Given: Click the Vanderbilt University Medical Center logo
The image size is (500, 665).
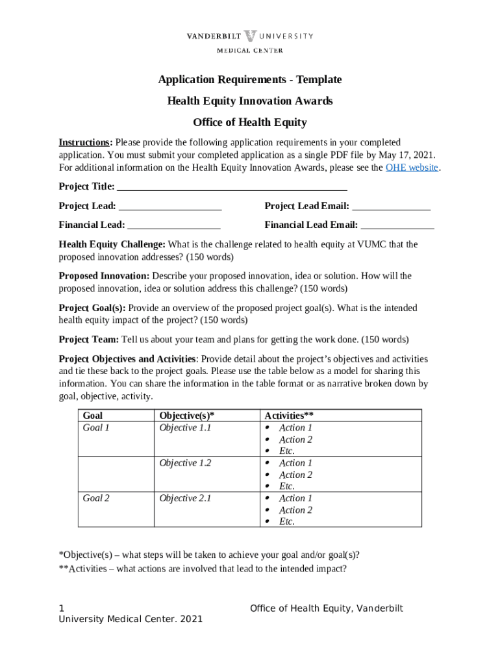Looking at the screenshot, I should click(250, 42).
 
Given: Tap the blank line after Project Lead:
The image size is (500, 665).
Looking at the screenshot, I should click(171, 207).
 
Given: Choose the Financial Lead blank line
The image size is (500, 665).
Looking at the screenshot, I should click(174, 226).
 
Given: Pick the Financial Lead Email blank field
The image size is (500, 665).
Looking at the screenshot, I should click(397, 226).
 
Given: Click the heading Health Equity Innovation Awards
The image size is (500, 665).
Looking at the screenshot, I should click(250, 101).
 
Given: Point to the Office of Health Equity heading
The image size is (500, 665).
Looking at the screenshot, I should click(250, 123).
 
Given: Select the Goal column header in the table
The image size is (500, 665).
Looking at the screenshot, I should click(92, 416).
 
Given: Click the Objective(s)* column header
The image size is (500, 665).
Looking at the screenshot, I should click(186, 416).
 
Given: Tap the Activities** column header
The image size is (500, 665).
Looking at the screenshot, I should click(289, 416).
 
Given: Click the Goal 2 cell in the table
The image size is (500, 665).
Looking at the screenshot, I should click(96, 498).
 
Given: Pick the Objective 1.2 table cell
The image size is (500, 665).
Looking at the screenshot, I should click(185, 463).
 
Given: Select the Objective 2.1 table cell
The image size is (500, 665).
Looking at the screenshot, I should click(185, 498).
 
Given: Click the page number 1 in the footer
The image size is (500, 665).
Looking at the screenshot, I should click(62, 609).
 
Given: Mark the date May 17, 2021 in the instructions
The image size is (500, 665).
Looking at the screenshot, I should click(406, 155).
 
